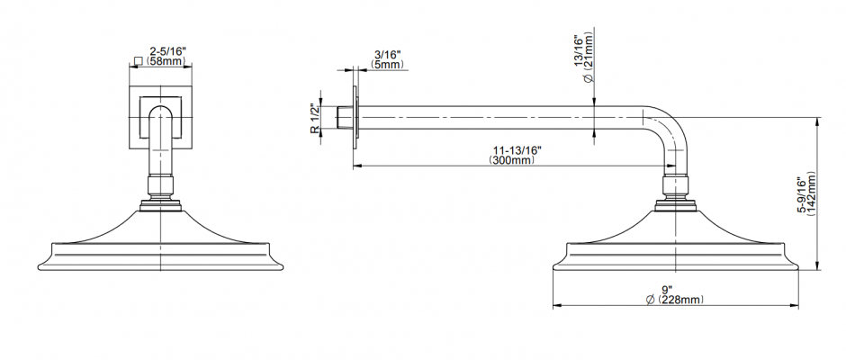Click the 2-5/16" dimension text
(x=167, y=51)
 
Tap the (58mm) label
(x=165, y=61)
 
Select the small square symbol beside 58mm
(x=138, y=61)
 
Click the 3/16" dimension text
(x=387, y=55)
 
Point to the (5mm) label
(x=387, y=64)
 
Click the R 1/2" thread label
(x=316, y=118)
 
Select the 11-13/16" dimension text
(x=517, y=150)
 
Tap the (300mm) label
(x=512, y=160)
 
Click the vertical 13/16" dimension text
(x=579, y=52)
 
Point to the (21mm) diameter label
(x=589, y=57)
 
